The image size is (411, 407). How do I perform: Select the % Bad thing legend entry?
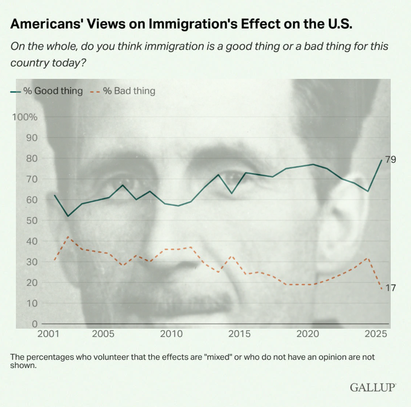click(x=124, y=91)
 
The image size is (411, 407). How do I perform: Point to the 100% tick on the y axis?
click(x=25, y=117)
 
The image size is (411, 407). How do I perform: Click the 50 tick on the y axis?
click(x=32, y=220)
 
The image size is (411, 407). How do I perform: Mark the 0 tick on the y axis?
click(x=35, y=324)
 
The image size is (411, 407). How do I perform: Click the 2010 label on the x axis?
click(x=171, y=334)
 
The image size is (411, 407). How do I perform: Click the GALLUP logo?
click(x=373, y=387)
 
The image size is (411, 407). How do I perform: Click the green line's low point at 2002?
click(x=68, y=216)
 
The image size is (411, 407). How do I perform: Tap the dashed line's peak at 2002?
click(x=68, y=237)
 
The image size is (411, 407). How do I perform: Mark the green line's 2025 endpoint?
click(x=382, y=160)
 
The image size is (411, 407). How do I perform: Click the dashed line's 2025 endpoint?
click(x=382, y=289)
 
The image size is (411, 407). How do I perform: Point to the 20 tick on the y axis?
click(x=32, y=283)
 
